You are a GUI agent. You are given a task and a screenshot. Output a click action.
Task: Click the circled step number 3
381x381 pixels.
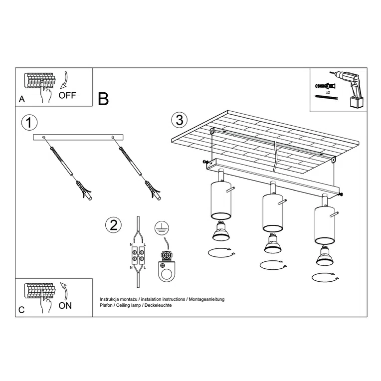pyautogui.click(x=180, y=120)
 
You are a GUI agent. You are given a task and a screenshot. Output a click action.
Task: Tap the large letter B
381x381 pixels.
pyautogui.click(x=103, y=99)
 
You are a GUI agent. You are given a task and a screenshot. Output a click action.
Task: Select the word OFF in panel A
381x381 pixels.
pyautogui.click(x=67, y=95)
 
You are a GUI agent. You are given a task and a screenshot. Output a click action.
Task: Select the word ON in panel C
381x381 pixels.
pyautogui.click(x=65, y=306)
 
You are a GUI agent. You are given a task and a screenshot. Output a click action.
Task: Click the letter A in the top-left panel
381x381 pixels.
pyautogui.click(x=21, y=99)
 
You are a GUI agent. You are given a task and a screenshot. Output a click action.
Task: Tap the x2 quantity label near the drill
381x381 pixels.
pyautogui.click(x=328, y=93)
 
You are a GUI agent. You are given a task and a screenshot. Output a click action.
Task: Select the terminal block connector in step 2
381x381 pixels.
pyautogui.click(x=138, y=257)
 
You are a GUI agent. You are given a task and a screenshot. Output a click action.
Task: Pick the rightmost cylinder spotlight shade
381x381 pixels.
pyautogui.click(x=324, y=224)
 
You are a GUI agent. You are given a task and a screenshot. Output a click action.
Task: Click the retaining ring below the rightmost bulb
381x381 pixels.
pyautogui.click(x=324, y=277)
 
